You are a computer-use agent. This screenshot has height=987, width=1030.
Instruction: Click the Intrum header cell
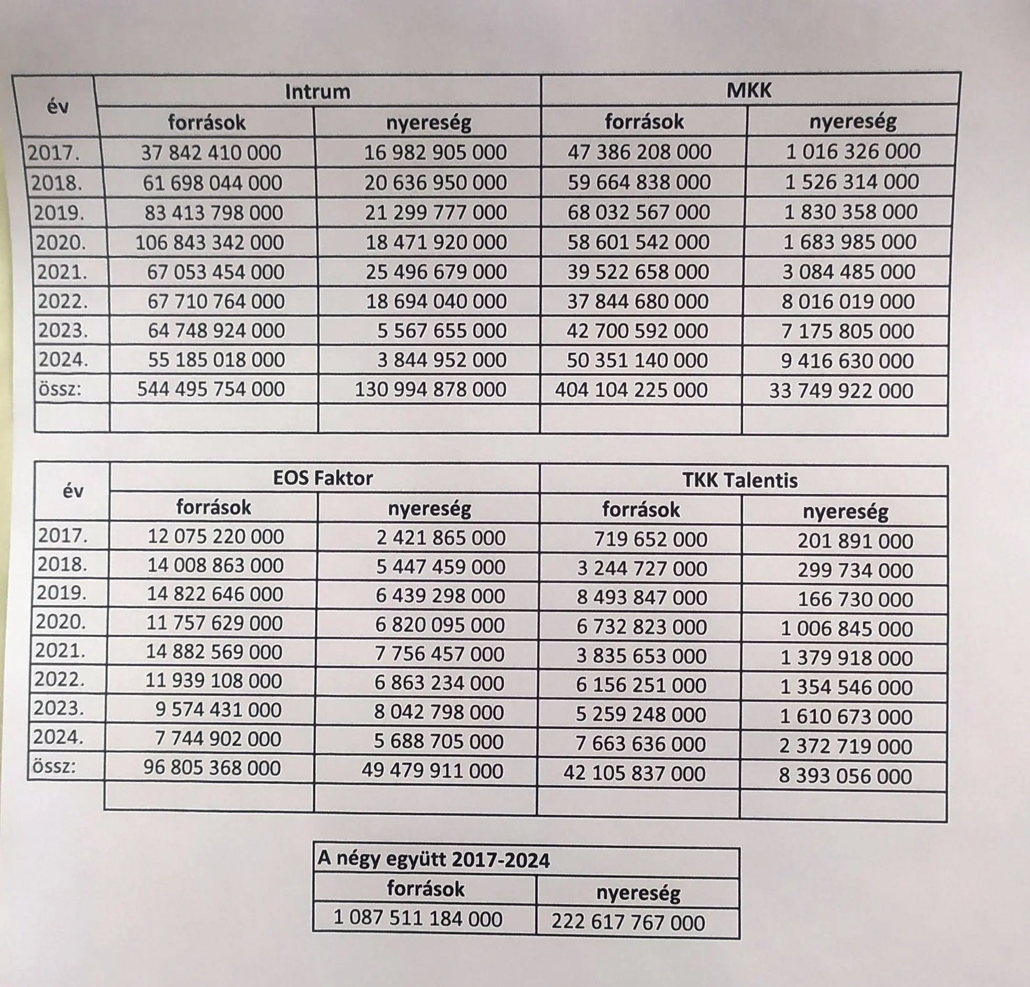coord(317,92)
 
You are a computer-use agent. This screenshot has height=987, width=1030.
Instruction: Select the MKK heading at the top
coord(749,91)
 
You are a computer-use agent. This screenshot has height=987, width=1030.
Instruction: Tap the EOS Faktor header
coord(323,478)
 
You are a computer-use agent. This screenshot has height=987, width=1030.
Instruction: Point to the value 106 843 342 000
coord(209,243)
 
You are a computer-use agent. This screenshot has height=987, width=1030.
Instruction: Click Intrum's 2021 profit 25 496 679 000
coord(435,272)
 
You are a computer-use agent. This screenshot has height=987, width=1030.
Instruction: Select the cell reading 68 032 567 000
coord(638,212)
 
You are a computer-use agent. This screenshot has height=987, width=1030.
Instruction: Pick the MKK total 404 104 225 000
coord(631,390)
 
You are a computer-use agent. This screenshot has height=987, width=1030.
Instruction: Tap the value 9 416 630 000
coord(848,361)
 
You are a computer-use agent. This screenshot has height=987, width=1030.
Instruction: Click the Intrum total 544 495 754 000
coord(211,389)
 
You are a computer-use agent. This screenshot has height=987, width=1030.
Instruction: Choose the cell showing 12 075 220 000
coord(215,536)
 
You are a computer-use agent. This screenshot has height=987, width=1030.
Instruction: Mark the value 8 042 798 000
coord(439,712)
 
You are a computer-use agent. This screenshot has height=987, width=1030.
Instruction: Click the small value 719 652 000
coord(650,540)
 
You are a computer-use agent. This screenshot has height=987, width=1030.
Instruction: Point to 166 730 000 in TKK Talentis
coord(855,599)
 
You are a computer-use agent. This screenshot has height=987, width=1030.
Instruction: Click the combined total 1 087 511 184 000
coord(418,918)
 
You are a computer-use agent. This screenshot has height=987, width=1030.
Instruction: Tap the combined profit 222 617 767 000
coord(628,923)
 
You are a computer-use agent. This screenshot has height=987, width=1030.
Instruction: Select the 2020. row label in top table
coord(60,243)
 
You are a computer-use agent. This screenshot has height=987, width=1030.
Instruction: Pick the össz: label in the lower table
coord(54,766)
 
